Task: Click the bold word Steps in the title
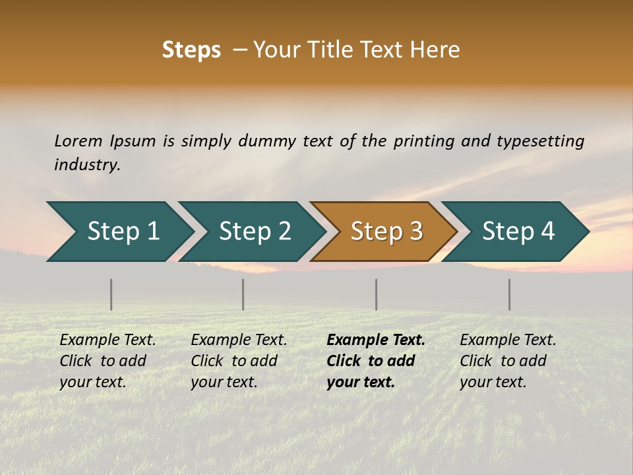point(191,50)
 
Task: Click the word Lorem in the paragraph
point(78,141)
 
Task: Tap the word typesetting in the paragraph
point(540,141)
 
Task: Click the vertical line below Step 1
point(111,294)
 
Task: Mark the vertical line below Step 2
point(243,294)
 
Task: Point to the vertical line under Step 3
point(377,294)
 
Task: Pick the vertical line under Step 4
point(510,294)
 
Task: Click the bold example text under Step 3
point(375,361)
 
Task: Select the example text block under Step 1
point(107,361)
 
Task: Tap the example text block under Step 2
point(239,361)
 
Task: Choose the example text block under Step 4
point(507,361)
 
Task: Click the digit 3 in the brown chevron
point(415,232)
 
